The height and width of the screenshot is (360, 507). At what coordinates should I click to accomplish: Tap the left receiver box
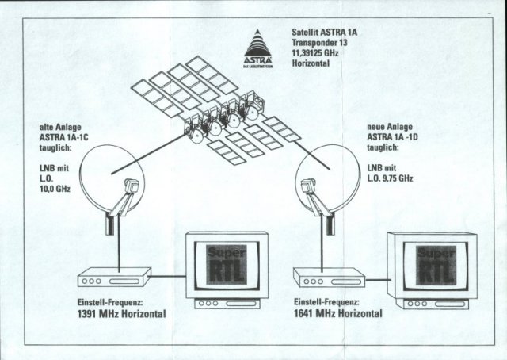tap(114, 278)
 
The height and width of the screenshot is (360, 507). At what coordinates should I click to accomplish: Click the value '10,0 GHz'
tap(55, 188)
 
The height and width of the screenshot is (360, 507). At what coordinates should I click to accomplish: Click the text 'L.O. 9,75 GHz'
tap(390, 178)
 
